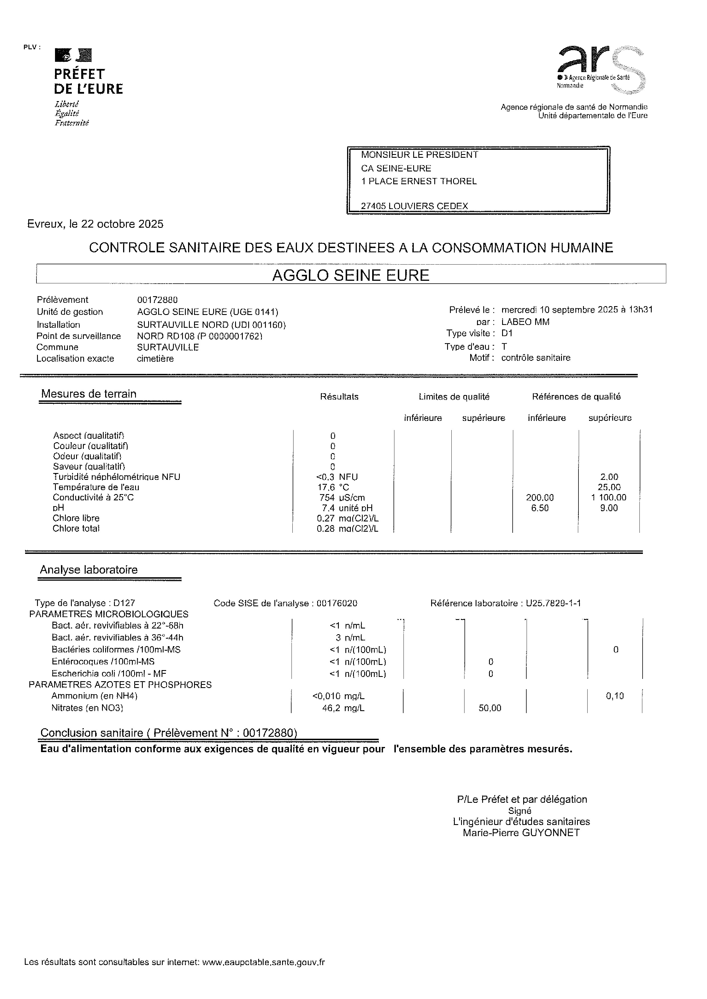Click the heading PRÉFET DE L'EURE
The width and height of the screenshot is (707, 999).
88,81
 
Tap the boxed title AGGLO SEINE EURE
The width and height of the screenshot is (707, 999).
351,275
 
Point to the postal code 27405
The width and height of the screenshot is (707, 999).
373,206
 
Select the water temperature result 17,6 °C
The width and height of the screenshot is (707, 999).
333,487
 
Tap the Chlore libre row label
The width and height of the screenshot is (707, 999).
76,518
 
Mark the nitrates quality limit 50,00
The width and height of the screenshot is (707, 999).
490,708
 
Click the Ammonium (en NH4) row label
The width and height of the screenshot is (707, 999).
95,696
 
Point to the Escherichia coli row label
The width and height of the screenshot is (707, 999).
109,674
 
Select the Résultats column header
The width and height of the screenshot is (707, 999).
339,397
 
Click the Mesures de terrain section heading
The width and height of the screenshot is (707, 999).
89,394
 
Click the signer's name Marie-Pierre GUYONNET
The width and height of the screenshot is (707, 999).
521,833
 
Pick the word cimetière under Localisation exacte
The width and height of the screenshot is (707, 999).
155,359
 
